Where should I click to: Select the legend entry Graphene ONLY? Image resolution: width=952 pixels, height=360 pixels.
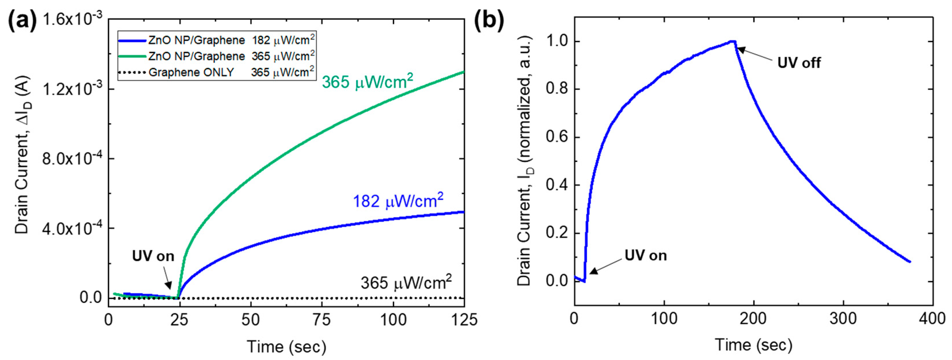pyautogui.click(x=191, y=73)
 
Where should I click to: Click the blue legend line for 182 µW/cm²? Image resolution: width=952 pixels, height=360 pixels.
pyautogui.click(x=133, y=40)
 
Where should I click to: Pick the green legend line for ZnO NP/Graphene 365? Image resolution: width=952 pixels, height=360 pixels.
pyautogui.click(x=133, y=56)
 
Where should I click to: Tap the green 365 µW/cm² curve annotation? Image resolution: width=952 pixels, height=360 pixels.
pyautogui.click(x=367, y=81)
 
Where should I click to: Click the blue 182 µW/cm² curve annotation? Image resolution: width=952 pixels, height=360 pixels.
pyautogui.click(x=398, y=201)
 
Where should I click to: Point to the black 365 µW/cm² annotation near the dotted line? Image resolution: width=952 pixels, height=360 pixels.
pyautogui.click(x=406, y=283)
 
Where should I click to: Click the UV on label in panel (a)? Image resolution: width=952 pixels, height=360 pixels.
pyautogui.click(x=153, y=256)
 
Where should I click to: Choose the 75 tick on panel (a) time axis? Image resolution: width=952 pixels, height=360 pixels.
pyautogui.click(x=322, y=320)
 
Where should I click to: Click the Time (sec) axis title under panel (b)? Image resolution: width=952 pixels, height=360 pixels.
pyautogui.click(x=754, y=345)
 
